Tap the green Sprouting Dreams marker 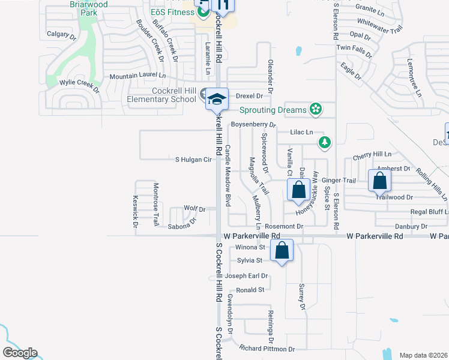(x=315, y=109)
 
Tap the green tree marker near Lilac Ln (x=325, y=142)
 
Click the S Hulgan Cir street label (x=194, y=160)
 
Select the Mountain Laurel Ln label (x=137, y=76)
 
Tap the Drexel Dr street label (x=250, y=96)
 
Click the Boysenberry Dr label (x=253, y=125)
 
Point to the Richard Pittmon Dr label (x=267, y=349)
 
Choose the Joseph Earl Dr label (x=246, y=276)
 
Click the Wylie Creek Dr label (x=79, y=86)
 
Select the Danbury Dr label (x=411, y=226)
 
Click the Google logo (x=20, y=353)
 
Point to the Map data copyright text (x=424, y=355)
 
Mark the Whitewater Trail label (x=379, y=28)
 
